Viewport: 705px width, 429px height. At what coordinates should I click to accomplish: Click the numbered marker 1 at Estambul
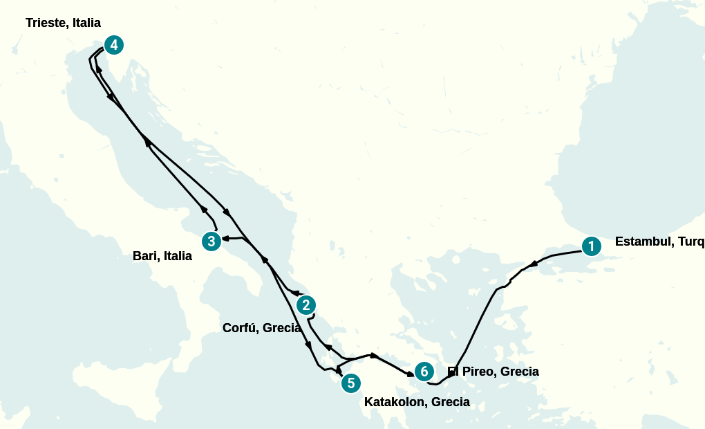[x=591, y=246]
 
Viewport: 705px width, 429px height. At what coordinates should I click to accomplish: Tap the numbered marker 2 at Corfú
[x=306, y=305]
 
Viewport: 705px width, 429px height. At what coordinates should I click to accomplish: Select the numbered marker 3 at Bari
[x=211, y=241]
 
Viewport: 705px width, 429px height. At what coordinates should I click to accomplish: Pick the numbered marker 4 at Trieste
[x=114, y=46]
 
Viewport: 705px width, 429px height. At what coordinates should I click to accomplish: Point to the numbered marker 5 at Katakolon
[x=351, y=383]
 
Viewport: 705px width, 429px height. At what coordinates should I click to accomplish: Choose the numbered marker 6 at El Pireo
[x=424, y=372]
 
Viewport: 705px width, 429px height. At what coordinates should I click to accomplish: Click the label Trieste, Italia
[x=63, y=23]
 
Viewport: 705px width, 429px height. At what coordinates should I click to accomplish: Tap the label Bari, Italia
[x=162, y=256]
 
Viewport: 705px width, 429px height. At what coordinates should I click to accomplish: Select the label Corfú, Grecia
[x=261, y=328]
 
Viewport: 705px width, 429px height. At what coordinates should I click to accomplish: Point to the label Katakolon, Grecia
[x=417, y=402]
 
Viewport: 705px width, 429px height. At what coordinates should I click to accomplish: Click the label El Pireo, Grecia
[x=493, y=372]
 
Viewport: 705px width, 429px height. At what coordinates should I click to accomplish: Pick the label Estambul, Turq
[x=659, y=241]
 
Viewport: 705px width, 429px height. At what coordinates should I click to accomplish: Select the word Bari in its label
[x=145, y=256]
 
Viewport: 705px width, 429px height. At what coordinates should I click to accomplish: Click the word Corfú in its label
[x=241, y=328]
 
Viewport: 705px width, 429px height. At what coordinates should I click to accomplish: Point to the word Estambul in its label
[x=641, y=241]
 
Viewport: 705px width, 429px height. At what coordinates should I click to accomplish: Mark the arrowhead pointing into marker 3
[x=225, y=239]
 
